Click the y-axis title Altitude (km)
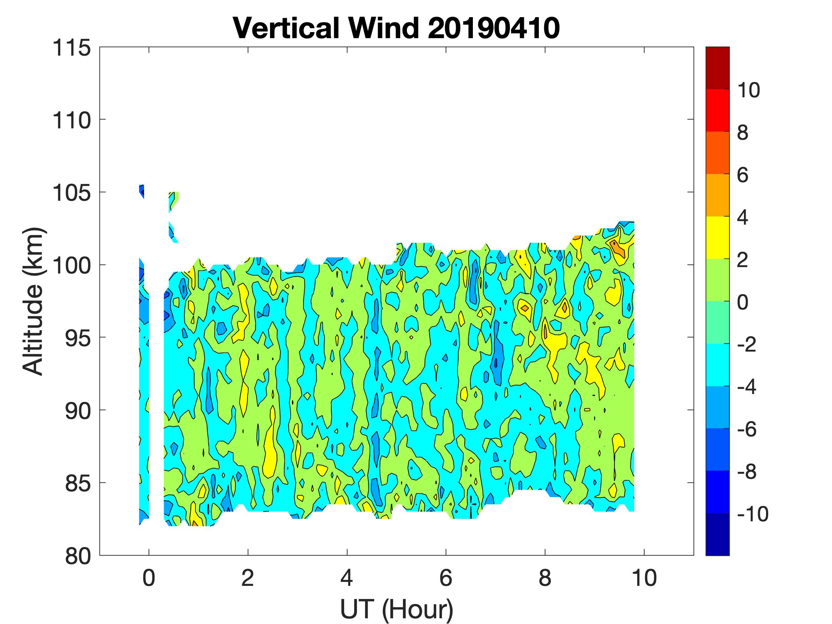(34, 301)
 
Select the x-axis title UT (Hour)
(397, 609)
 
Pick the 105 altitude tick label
(71, 193)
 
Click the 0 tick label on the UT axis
(149, 578)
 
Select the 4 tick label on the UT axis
(347, 578)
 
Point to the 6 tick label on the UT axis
(446, 578)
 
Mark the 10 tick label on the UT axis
(644, 578)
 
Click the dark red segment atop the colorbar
(717, 68)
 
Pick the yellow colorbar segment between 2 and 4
(717, 238)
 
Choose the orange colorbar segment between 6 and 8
(717, 153)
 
